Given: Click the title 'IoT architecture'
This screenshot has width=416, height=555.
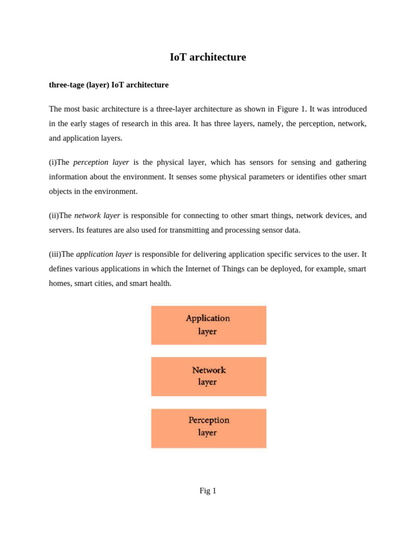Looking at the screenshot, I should [207, 57].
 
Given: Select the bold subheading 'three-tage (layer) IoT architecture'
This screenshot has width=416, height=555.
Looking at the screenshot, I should [108, 85].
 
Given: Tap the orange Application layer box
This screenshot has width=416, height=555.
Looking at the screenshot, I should [209, 325].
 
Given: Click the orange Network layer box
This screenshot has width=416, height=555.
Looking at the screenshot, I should [209, 376].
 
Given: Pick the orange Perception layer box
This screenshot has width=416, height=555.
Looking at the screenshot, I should [209, 428].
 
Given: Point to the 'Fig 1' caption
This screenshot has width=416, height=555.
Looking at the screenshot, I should [207, 491].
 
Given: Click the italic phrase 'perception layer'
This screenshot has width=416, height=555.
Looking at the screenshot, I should [101, 162].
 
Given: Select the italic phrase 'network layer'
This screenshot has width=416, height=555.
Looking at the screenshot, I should [97, 215].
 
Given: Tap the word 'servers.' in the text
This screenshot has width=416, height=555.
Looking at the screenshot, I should [61, 230].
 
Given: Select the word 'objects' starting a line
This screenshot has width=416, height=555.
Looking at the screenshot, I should [60, 191].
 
